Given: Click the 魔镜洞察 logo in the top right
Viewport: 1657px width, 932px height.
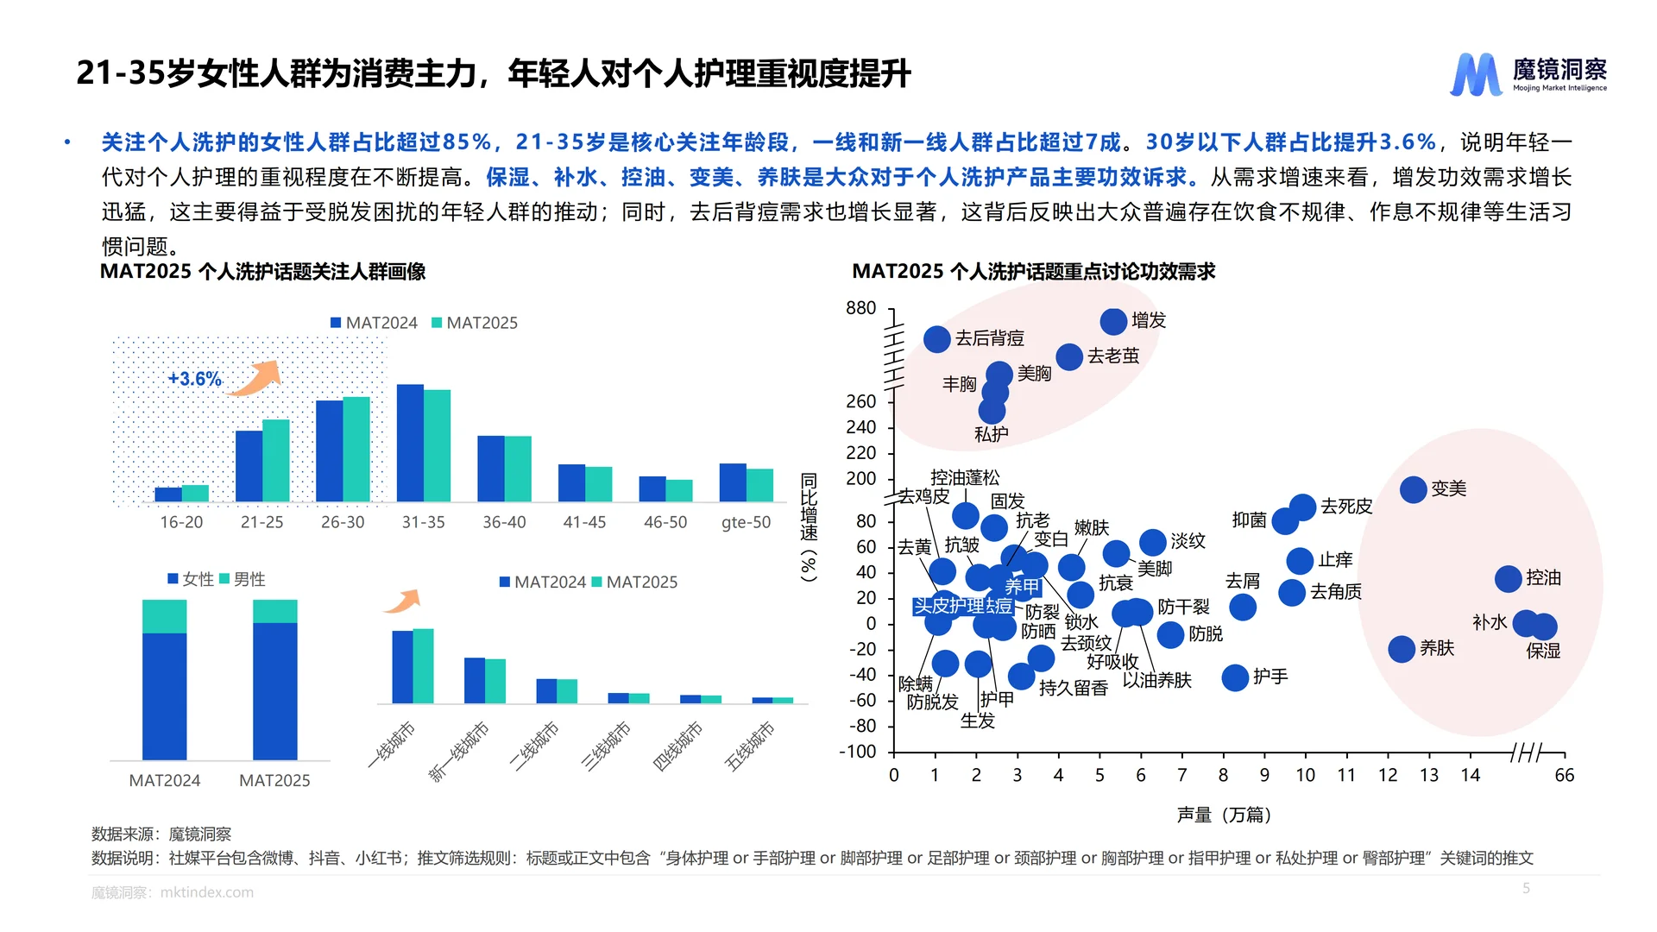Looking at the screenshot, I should pos(1528,74).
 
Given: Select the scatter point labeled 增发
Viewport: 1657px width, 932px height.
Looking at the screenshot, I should pos(1113,321).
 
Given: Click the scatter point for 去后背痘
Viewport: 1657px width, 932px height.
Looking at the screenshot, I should pos(936,338).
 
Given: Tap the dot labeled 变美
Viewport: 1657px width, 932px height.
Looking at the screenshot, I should pos(1413,489).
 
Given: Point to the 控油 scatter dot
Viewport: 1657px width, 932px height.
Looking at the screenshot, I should pos(1508,578).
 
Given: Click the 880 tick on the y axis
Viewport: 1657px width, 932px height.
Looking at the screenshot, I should pos(860,308).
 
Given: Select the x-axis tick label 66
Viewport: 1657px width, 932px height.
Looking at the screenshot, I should pos(1564,775).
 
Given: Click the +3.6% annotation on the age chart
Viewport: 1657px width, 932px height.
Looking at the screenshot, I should pos(194,379).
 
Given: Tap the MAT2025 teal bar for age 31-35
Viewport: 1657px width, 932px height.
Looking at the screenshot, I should pos(438,445).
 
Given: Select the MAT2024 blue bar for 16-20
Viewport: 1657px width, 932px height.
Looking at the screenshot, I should pos(167,494).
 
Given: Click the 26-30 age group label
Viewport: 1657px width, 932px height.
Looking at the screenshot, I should pos(343,522).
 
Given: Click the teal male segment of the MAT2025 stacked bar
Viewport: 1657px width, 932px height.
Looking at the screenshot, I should pos(274,611).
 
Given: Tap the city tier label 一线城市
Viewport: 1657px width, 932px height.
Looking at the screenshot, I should pos(393,744).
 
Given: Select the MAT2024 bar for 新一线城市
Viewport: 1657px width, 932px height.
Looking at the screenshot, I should pos(474,680).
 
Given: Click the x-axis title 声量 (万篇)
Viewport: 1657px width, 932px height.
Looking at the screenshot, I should pos(1224,815).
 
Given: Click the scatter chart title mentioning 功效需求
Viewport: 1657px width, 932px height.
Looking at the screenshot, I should pos(1033,272).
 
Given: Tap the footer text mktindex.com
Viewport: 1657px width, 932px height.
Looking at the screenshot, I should pos(207,892).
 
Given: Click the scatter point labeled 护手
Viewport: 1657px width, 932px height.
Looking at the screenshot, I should pos(1235,677).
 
